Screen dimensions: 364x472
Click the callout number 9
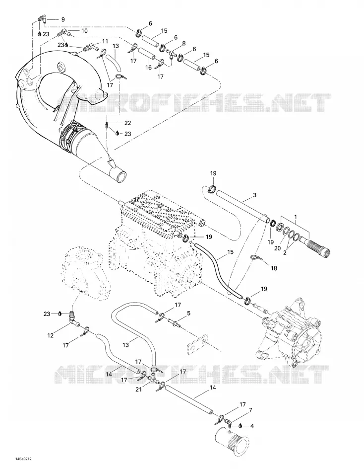coord(63,19)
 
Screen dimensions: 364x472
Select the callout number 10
coord(84,31)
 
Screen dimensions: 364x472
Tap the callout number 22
coord(128,123)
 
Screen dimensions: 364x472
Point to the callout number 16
coord(148,68)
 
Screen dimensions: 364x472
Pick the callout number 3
coord(254,195)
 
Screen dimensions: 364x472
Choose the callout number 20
coord(277,248)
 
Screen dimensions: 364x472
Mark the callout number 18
coord(274,268)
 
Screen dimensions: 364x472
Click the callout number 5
coord(188,314)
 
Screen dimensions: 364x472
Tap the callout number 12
coord(50,335)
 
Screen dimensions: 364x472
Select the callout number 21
coord(138,389)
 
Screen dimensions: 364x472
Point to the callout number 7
coord(250,410)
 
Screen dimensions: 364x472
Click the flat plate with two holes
coord(196,345)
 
